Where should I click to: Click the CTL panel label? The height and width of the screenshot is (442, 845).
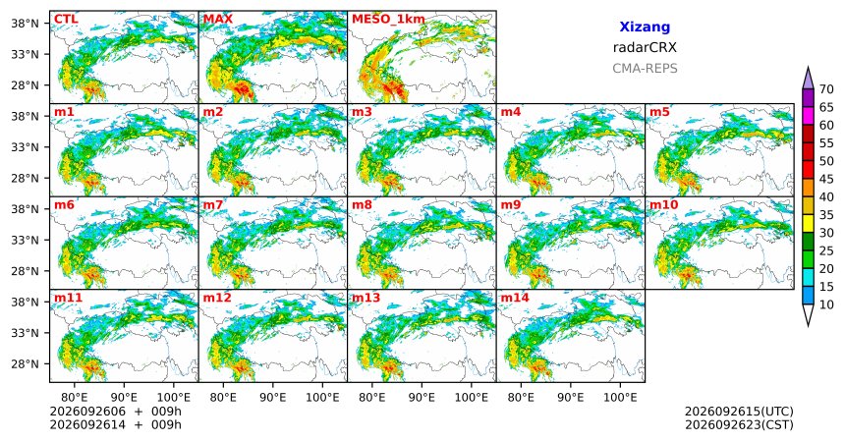click(x=66, y=20)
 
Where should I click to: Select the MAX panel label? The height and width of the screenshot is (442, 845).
click(x=218, y=20)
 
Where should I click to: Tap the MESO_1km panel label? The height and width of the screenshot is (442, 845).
click(x=388, y=20)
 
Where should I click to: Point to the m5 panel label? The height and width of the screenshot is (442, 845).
click(x=659, y=112)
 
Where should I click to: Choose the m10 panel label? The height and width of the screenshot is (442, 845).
click(x=663, y=205)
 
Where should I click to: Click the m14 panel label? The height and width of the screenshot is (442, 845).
click(x=515, y=298)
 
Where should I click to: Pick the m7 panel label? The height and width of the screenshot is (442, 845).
click(x=213, y=205)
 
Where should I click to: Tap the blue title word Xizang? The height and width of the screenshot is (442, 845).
click(x=645, y=27)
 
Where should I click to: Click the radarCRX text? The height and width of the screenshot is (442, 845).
click(x=645, y=47)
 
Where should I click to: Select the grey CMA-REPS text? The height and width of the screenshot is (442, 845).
click(x=645, y=69)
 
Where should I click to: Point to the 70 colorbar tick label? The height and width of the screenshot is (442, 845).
click(x=826, y=89)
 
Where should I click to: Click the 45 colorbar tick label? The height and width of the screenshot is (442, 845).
click(x=826, y=179)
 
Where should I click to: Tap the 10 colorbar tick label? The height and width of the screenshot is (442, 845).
click(x=826, y=304)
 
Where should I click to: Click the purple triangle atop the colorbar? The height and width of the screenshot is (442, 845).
click(x=808, y=79)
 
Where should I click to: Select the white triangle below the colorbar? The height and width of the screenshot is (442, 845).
click(x=808, y=314)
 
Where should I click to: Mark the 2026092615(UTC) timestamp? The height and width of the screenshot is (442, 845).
click(x=739, y=412)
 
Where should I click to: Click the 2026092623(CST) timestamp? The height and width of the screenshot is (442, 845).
click(x=739, y=424)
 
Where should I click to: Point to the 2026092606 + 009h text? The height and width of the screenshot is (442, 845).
click(x=115, y=412)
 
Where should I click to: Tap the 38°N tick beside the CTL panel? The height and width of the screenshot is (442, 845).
click(x=25, y=24)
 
